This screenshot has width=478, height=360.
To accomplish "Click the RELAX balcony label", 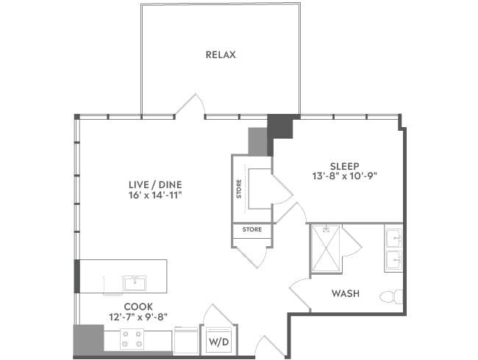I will (x=221, y=55).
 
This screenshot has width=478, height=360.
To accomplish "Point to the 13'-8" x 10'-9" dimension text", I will (x=344, y=176).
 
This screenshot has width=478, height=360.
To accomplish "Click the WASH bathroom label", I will (x=345, y=293).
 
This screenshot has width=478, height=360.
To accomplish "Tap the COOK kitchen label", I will (x=138, y=306).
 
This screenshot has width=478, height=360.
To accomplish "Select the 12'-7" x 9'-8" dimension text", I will (x=138, y=317).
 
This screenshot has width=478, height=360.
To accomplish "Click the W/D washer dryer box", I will (x=218, y=341).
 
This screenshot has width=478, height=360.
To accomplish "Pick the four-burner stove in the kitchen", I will (x=132, y=339).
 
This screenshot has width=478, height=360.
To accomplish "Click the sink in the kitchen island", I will (x=135, y=283).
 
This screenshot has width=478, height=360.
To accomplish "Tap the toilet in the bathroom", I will (x=390, y=297).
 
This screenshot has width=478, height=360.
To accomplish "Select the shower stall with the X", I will (x=326, y=248).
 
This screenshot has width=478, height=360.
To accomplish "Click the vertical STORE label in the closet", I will (x=239, y=189).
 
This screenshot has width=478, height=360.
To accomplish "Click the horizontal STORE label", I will (x=252, y=230).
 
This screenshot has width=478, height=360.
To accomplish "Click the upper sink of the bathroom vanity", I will (x=393, y=237).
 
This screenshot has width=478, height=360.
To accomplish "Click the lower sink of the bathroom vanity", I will (x=393, y=259).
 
